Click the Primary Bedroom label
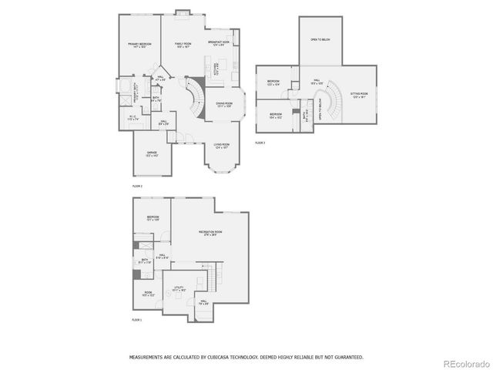[x=139, y=45]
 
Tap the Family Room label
[x=183, y=45]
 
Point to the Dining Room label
[x=224, y=104]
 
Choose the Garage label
[x=153, y=154]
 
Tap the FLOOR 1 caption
[x=136, y=319]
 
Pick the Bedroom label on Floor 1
[x=153, y=219]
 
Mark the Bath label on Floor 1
[x=145, y=261]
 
